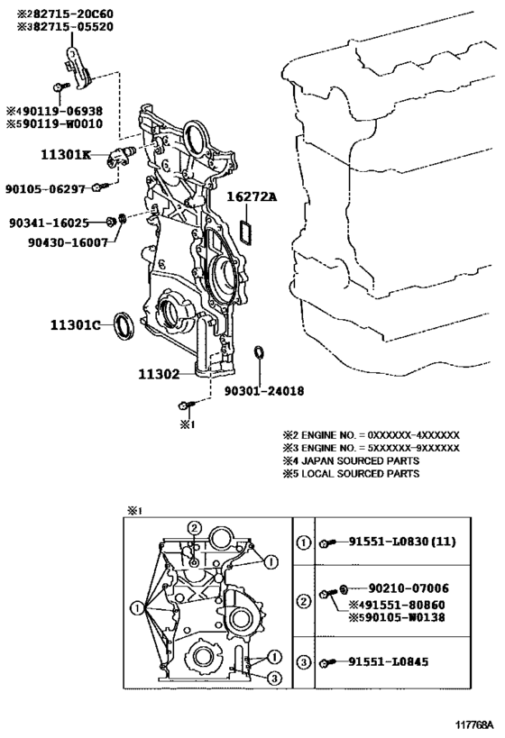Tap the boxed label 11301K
66,154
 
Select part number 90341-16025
50,222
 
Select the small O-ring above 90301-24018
259,353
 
